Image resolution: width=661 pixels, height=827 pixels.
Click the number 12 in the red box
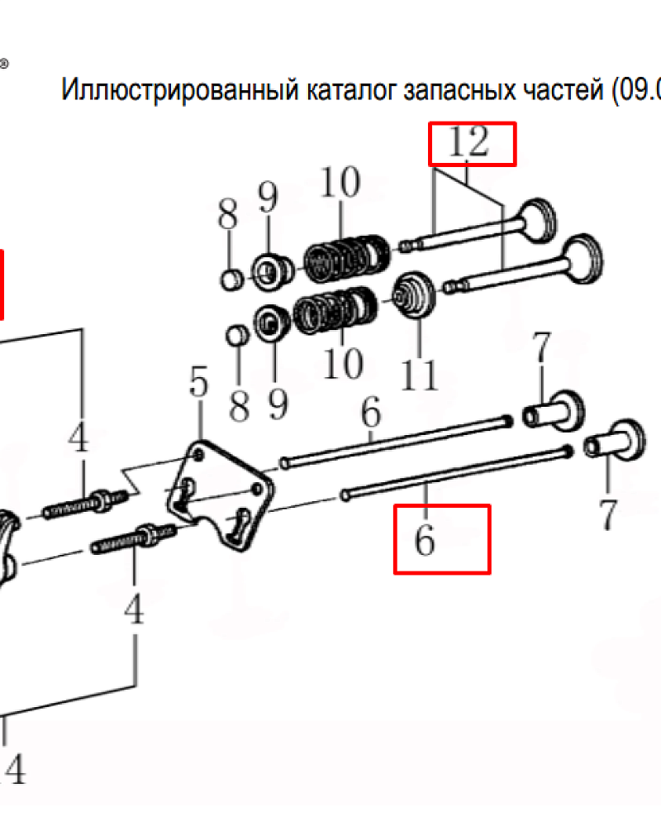pos(468,142)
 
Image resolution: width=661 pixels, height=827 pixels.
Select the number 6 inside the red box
pos(425,540)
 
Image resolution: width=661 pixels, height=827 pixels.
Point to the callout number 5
pos(199,380)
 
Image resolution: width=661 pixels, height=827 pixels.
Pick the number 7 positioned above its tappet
pos(542,347)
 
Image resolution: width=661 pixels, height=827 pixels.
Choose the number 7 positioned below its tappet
pos(607,514)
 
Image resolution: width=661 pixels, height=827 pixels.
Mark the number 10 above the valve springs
pos(340,182)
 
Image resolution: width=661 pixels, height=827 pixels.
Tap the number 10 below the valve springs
pos(343,363)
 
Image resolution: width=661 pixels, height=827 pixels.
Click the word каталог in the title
pos(352,90)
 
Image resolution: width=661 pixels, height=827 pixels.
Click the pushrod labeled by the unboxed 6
pos(396,441)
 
